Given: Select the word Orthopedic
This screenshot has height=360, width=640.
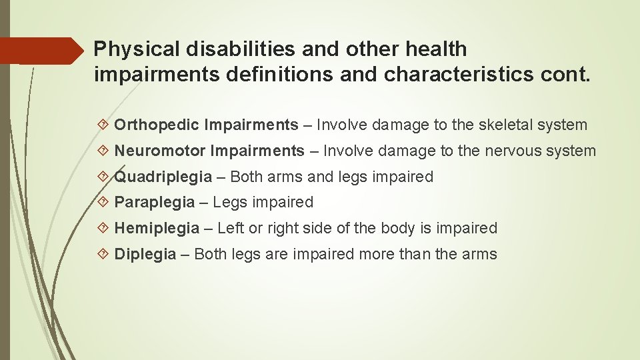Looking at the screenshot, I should [x=157, y=125].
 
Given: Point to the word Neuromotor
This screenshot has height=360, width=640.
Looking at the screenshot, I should [x=160, y=151].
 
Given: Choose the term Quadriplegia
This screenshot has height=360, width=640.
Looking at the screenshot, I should [x=163, y=177].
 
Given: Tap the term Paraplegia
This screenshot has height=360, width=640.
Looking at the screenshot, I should [x=155, y=203].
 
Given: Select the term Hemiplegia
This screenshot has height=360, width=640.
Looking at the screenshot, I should [x=157, y=229].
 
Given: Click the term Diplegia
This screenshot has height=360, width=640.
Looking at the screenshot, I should [x=145, y=254].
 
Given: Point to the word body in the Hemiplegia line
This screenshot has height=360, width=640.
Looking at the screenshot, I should [x=398, y=229].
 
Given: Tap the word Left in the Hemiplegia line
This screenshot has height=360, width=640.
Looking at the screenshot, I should [x=231, y=229].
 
